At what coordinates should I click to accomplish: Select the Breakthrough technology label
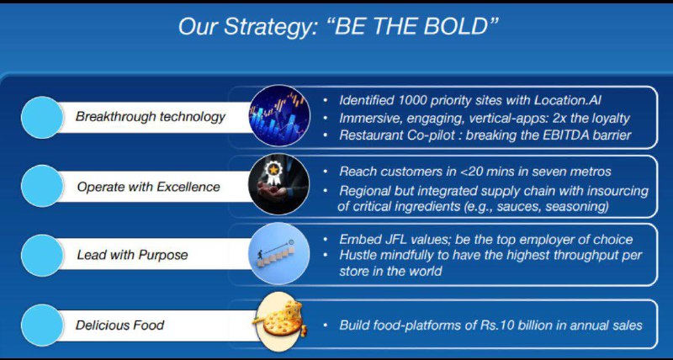[151, 117]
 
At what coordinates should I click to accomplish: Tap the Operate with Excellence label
[149, 187]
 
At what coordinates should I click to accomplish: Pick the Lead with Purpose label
[133, 255]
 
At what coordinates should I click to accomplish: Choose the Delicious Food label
[120, 325]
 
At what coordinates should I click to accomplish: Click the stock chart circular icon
[279, 116]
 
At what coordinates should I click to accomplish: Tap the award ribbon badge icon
[278, 184]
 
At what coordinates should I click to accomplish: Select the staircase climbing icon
[279, 253]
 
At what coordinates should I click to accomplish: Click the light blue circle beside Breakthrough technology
[42, 117]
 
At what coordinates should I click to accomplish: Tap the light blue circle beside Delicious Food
[42, 326]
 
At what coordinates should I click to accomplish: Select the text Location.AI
[567, 100]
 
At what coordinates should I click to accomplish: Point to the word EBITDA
[564, 135]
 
